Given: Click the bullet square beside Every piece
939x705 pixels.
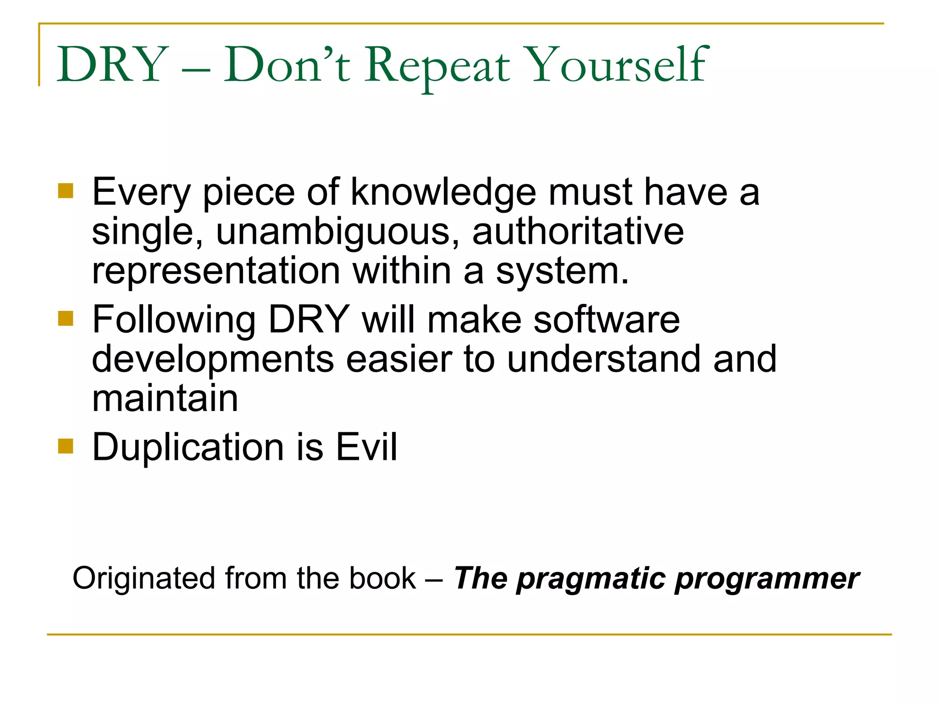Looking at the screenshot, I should [x=66, y=191].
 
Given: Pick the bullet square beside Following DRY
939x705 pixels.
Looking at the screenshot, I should [x=66, y=318].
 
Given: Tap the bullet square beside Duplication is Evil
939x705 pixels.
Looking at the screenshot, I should [x=66, y=446].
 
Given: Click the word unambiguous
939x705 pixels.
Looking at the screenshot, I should [x=337, y=232].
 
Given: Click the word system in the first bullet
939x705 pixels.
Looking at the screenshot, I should [x=561, y=272].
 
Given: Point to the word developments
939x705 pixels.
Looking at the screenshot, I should [x=213, y=359].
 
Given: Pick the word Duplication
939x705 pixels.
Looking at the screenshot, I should [x=188, y=448].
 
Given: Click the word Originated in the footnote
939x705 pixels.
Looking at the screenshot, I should [x=144, y=578].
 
